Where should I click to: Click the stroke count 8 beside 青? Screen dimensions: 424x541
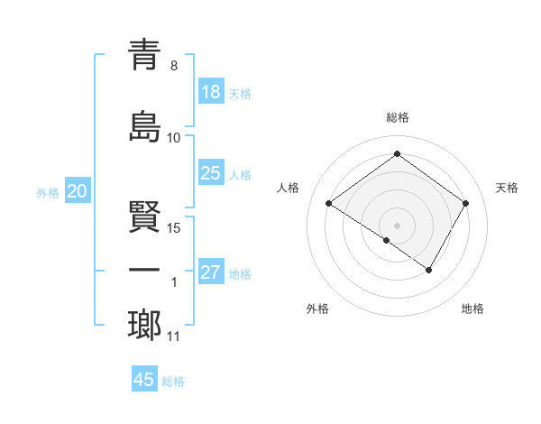(174, 66)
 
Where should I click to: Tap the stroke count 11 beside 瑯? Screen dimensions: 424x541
(174, 336)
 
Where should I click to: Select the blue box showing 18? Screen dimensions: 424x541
(210, 91)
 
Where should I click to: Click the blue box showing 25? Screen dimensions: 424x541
(210, 172)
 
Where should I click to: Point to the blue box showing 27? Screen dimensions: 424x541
(210, 272)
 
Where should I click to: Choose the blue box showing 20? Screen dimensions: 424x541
(78, 190)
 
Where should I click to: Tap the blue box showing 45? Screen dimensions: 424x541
(144, 380)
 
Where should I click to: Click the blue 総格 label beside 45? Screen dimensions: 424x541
(173, 382)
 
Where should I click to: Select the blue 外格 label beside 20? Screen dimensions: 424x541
(48, 192)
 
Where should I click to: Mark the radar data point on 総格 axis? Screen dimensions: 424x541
(397, 154)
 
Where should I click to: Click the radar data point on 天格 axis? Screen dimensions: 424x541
(465, 204)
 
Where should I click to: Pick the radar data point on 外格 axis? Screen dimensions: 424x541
(386, 240)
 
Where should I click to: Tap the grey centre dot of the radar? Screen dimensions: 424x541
(397, 225)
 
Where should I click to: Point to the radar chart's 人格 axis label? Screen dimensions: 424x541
(289, 188)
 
